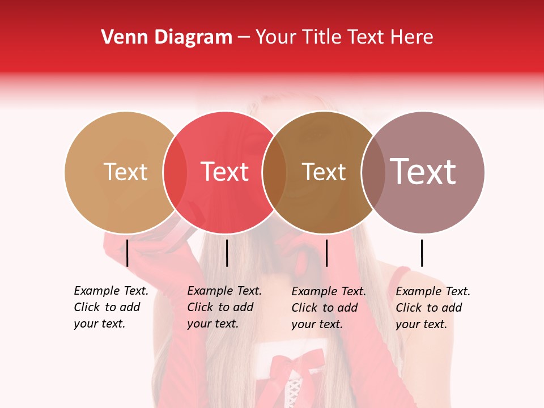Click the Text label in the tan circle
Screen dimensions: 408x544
pyautogui.click(x=125, y=172)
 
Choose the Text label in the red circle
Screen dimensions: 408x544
pyautogui.click(x=225, y=172)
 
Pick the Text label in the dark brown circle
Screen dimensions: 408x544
pyautogui.click(x=324, y=172)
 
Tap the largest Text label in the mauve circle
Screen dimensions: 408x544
pyautogui.click(x=423, y=172)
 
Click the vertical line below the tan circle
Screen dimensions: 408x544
pyautogui.click(x=127, y=253)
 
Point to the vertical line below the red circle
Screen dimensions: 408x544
pyautogui.click(x=227, y=253)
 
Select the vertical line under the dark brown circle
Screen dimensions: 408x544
pyautogui.click(x=326, y=253)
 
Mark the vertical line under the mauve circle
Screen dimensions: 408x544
pyautogui.click(x=422, y=253)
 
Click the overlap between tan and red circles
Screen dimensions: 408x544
pyautogui.click(x=175, y=172)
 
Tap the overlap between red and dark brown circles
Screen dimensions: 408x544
pyautogui.click(x=274, y=172)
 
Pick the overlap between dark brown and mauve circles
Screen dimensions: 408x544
pyautogui.click(x=373, y=172)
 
